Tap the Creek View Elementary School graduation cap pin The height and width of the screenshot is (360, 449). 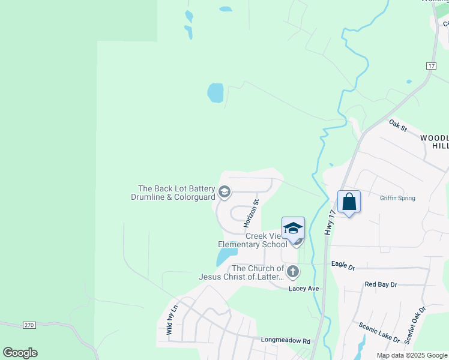[x=293, y=229]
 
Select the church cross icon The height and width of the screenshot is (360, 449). [x=292, y=271]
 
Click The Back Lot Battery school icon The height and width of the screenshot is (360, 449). [x=224, y=192]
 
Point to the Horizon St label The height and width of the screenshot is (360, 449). [x=250, y=213]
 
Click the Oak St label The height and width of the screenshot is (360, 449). [x=398, y=126]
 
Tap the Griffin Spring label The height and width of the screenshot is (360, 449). [x=397, y=198]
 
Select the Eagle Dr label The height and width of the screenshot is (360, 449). [x=343, y=264]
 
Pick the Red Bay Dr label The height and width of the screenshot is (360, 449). [x=381, y=284]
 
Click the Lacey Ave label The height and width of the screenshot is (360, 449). [x=304, y=289]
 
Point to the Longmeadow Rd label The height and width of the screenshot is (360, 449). [x=285, y=340]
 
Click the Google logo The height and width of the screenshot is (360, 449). [x=20, y=353]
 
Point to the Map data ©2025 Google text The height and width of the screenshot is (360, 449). [x=412, y=355]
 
